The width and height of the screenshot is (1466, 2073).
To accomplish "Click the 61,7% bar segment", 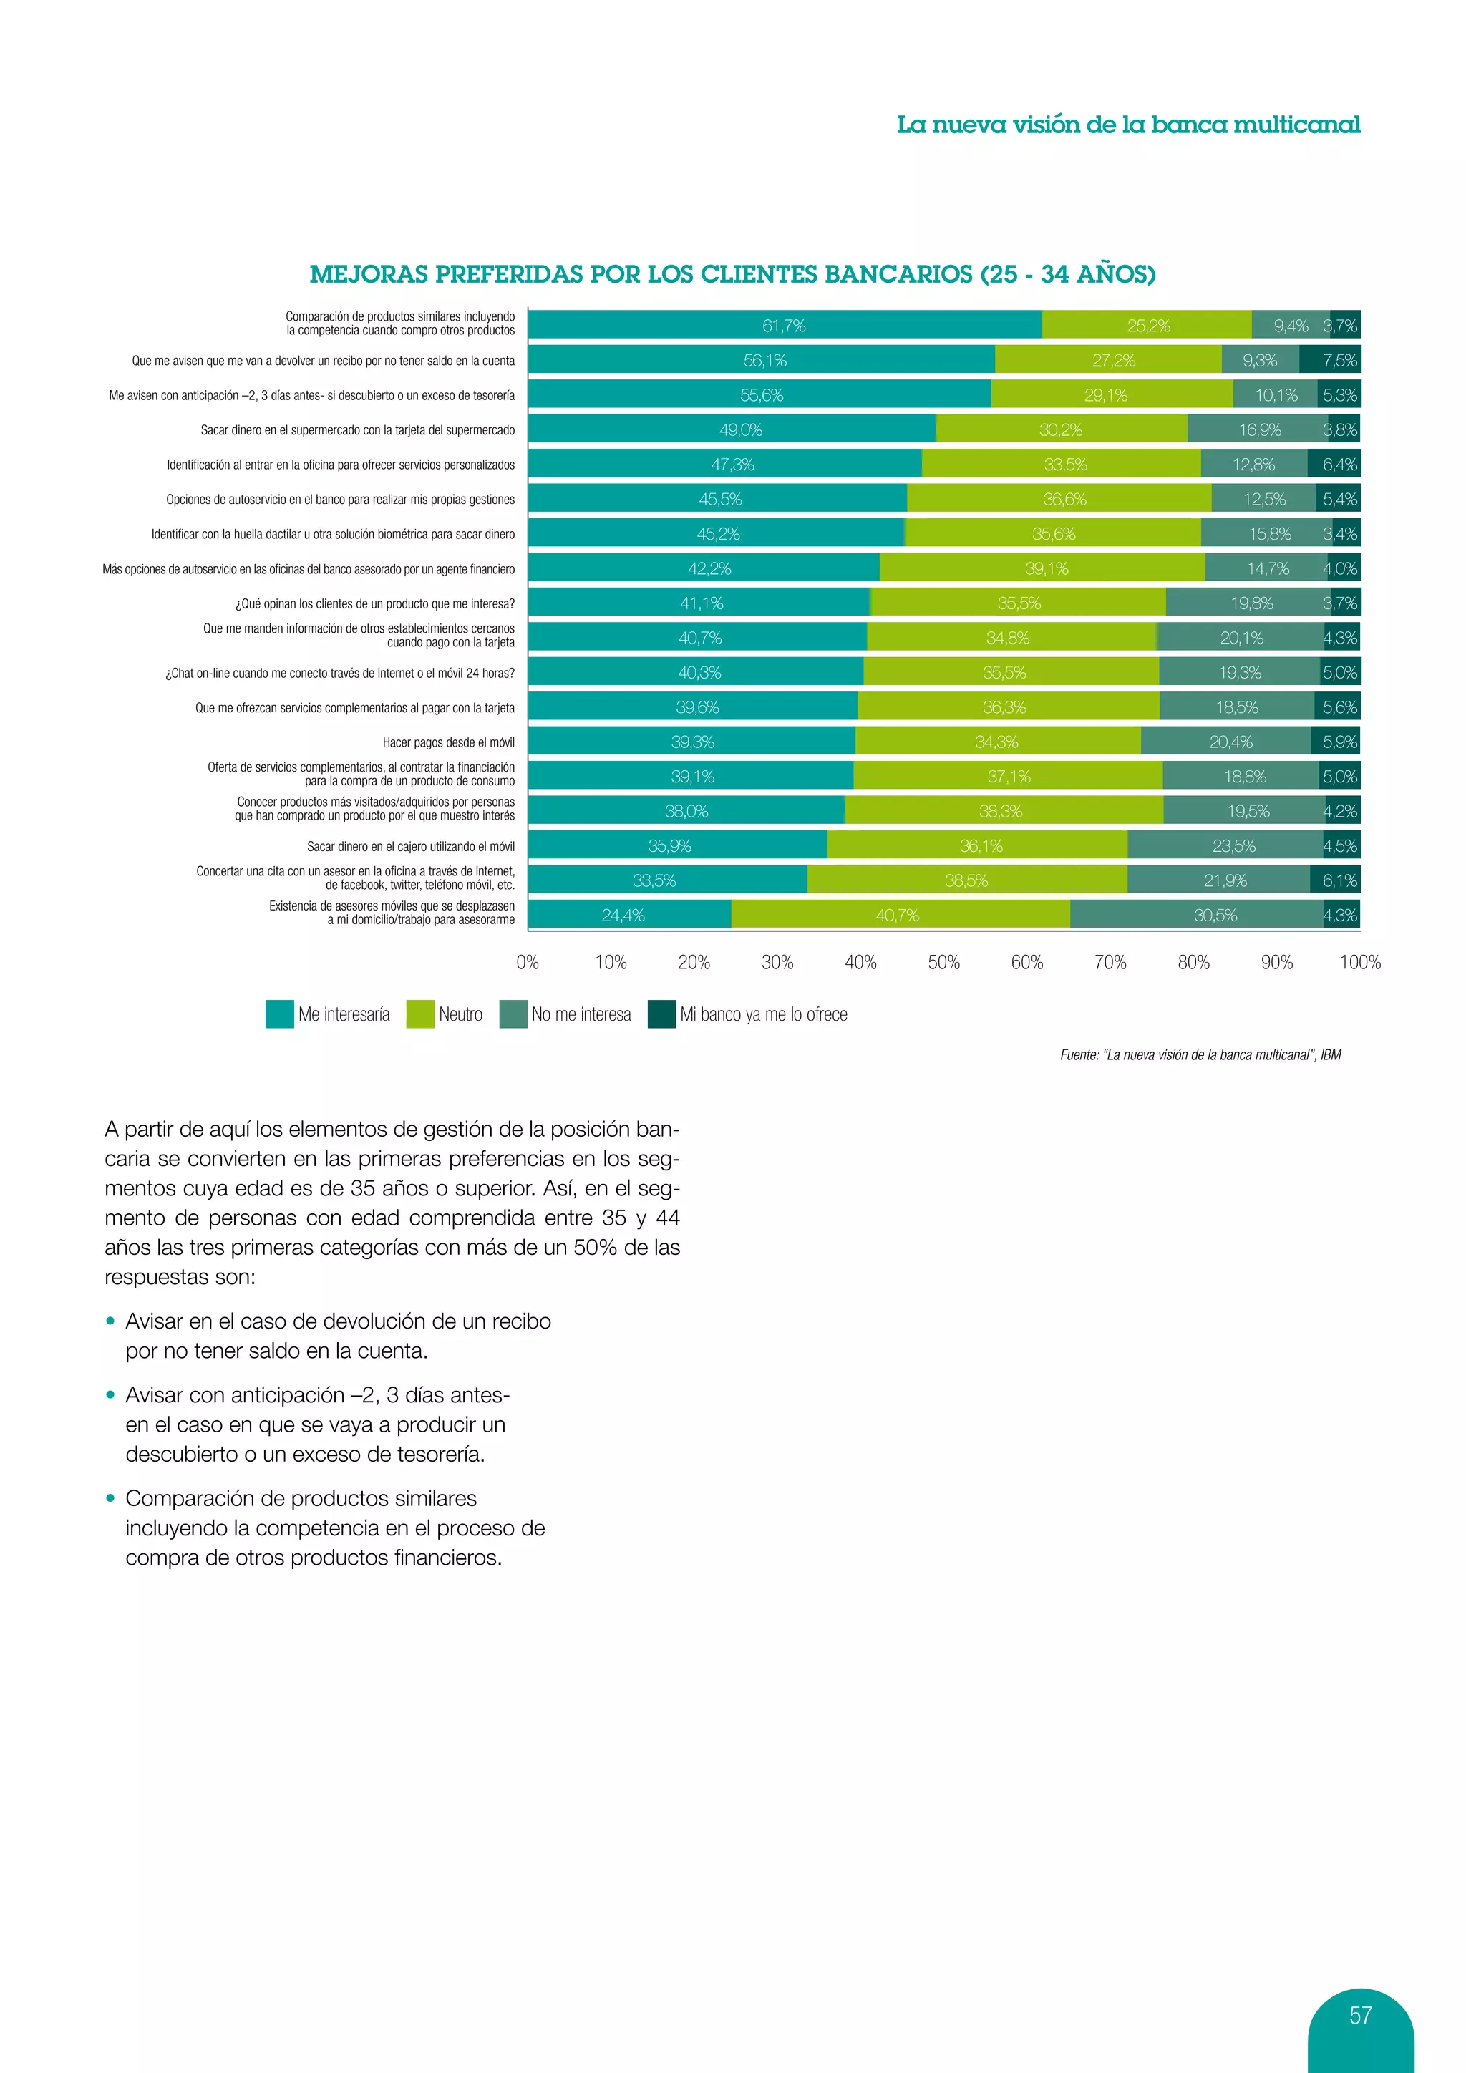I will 784,325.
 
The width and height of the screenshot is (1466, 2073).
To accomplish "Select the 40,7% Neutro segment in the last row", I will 899,915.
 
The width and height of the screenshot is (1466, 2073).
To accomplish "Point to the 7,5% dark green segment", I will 1331,360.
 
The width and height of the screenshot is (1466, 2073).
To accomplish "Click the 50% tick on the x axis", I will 943,963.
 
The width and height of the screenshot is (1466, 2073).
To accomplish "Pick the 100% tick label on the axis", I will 1359,963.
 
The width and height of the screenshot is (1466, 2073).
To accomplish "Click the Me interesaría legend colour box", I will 280,1014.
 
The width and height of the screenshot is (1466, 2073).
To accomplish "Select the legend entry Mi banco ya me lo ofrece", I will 763,1014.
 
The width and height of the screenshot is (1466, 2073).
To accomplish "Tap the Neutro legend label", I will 460,1014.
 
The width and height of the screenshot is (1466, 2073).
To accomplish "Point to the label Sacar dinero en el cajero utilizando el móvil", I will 411,846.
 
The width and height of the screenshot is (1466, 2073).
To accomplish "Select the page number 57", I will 1360,2015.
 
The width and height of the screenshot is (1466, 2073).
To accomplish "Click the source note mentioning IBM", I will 1200,1054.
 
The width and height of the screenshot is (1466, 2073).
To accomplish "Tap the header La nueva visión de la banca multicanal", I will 1127,125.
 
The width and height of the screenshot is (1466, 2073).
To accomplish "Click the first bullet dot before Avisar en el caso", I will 111,1321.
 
